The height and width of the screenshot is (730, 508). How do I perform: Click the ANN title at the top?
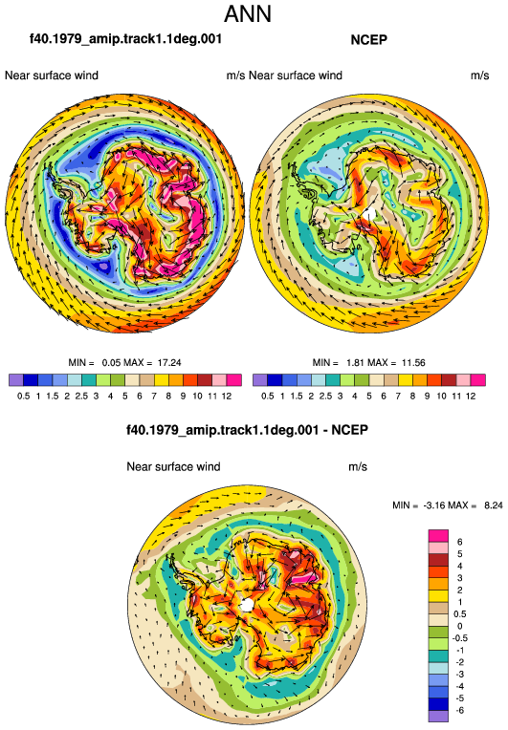tap(248, 14)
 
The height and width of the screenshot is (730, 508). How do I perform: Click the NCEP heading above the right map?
tap(368, 40)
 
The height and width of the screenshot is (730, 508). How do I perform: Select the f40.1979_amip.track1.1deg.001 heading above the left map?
tap(125, 38)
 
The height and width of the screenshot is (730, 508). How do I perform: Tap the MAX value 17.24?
tap(169, 363)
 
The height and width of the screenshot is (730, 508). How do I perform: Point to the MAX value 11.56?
tap(413, 363)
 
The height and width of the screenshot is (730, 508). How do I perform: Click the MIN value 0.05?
tap(111, 363)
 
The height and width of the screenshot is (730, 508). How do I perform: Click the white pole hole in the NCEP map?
tap(369, 214)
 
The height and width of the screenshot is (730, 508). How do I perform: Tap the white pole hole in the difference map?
tap(247, 605)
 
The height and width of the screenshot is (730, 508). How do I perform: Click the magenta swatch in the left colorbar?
tap(234, 380)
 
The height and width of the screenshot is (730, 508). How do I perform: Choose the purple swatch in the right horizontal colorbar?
tap(260, 380)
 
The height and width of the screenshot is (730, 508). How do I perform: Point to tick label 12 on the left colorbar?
tap(227, 397)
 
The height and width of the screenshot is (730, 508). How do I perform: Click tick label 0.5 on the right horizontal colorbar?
tap(268, 397)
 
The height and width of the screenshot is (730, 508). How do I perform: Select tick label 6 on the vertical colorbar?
tap(459, 542)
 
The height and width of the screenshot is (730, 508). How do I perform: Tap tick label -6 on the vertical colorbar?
tap(458, 711)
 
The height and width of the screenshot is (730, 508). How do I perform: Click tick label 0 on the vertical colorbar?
tap(459, 626)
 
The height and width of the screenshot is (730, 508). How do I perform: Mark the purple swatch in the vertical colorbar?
tap(438, 717)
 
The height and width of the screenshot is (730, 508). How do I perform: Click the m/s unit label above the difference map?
tap(358, 467)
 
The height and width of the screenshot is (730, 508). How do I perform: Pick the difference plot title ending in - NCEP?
tap(247, 430)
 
